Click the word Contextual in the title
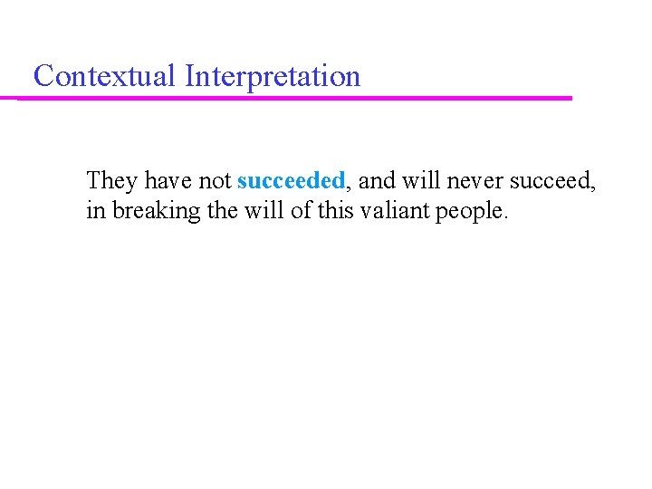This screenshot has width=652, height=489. click(104, 76)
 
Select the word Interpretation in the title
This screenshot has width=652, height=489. click(272, 77)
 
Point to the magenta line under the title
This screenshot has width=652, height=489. click(295, 98)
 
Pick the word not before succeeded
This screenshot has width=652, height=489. click(215, 181)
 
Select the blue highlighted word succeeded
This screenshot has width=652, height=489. click(291, 181)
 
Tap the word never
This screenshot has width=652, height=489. click(474, 181)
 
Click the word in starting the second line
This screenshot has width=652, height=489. click(95, 211)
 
